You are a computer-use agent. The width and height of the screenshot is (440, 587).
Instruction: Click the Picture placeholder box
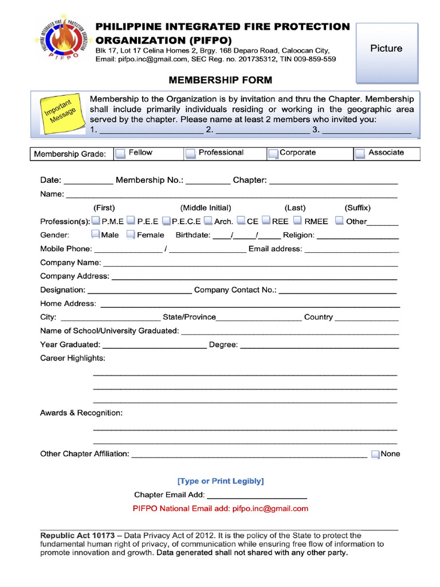point(386,52)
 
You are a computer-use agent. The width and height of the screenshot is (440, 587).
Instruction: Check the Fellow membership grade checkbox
point(121,153)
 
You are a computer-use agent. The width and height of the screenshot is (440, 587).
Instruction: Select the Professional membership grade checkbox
point(190,153)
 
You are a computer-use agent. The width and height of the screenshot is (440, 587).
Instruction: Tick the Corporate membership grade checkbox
point(273,153)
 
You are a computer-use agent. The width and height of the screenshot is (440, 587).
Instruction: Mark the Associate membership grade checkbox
point(360,153)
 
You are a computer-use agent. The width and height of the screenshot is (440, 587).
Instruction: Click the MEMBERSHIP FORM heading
point(212,80)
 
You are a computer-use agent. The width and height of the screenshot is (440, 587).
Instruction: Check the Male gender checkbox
point(96,234)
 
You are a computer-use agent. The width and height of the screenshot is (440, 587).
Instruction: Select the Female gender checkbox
point(131,234)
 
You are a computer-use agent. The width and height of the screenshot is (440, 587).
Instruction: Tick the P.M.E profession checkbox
point(96,221)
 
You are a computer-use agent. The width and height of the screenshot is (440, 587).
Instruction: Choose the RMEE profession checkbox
point(297,221)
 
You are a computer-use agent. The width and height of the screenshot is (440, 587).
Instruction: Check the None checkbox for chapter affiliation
point(375,454)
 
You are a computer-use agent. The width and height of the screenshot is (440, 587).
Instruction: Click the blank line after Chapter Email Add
point(256,495)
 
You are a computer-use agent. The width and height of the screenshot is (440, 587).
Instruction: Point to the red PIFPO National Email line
point(221,508)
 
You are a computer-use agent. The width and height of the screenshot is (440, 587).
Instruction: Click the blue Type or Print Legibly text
point(221,481)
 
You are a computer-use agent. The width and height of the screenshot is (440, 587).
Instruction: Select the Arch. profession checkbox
point(209,221)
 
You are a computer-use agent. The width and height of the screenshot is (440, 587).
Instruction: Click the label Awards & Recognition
point(81,413)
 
